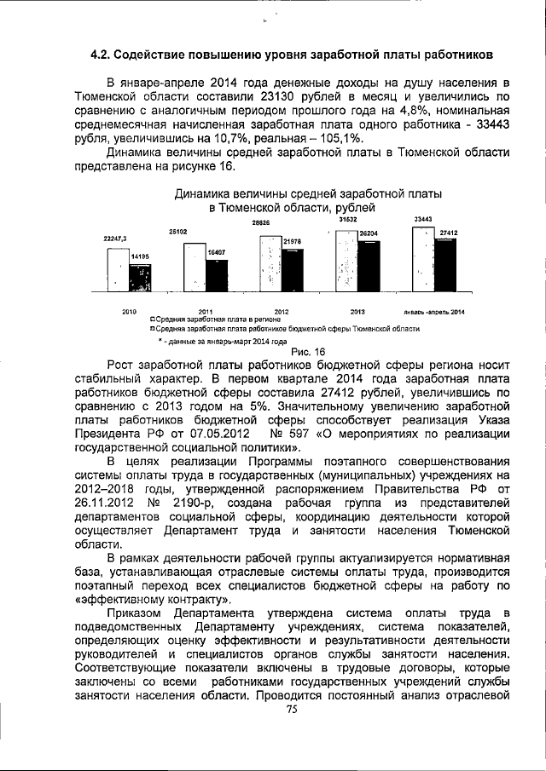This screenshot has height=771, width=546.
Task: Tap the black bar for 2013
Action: tap(369, 267)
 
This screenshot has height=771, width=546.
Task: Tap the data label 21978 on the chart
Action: tap(293, 243)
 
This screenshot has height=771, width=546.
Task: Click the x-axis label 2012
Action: tap(281, 311)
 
